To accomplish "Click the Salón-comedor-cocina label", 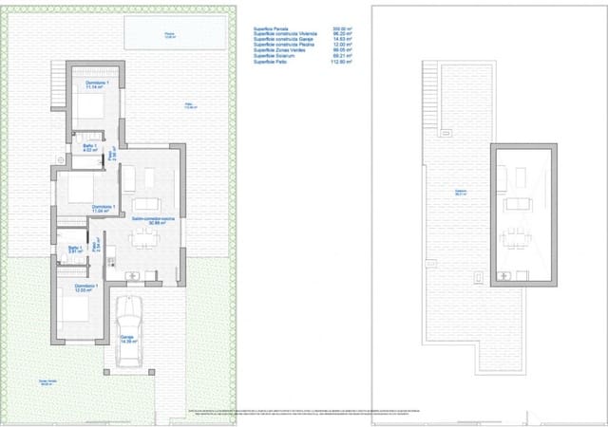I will [x=152, y=219].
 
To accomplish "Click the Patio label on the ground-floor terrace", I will [x=190, y=106].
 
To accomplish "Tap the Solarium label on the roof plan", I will [x=460, y=194].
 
